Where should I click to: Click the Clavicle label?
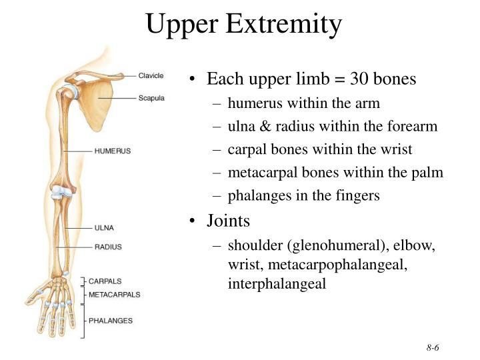(x=151, y=76)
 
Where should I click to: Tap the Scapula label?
(x=151, y=98)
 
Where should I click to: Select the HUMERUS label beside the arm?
(x=113, y=151)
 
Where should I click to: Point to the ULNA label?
(x=104, y=228)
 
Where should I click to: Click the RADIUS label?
(x=108, y=247)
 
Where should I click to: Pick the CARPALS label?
(x=105, y=281)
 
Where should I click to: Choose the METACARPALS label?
(x=115, y=293)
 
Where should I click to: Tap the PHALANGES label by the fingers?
(x=111, y=321)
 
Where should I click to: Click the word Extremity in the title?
(x=284, y=25)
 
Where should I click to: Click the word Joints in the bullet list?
(x=228, y=220)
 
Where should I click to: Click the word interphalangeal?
(x=277, y=283)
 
